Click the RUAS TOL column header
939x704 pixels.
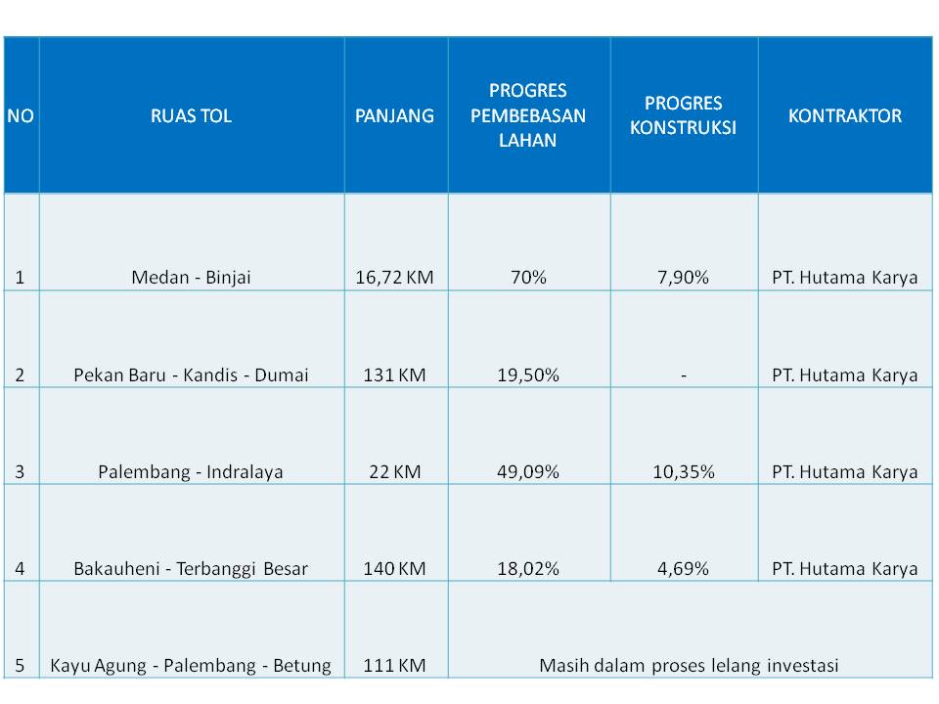click(x=191, y=115)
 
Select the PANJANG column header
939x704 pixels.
click(x=394, y=115)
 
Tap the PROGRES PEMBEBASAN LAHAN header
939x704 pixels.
click(x=528, y=115)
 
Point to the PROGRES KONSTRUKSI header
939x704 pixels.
click(x=683, y=115)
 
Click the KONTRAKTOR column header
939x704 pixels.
click(x=845, y=115)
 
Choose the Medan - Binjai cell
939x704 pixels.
click(x=191, y=278)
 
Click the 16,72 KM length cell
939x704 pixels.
click(x=394, y=278)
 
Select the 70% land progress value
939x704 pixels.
click(x=528, y=278)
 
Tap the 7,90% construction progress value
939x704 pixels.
click(x=683, y=278)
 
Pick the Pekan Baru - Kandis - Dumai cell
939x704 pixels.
click(x=191, y=374)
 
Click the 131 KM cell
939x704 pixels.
click(x=394, y=374)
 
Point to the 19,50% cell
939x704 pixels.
click(x=528, y=374)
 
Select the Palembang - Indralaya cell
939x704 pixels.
click(x=191, y=472)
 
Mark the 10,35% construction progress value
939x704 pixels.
click(x=683, y=472)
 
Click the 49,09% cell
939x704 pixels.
click(x=528, y=472)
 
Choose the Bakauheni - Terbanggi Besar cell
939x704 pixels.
click(x=191, y=569)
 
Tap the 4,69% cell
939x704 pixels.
click(x=683, y=569)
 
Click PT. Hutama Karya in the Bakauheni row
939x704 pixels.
click(x=845, y=569)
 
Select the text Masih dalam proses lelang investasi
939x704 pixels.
click(x=689, y=666)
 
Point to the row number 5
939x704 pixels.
click(x=21, y=666)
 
